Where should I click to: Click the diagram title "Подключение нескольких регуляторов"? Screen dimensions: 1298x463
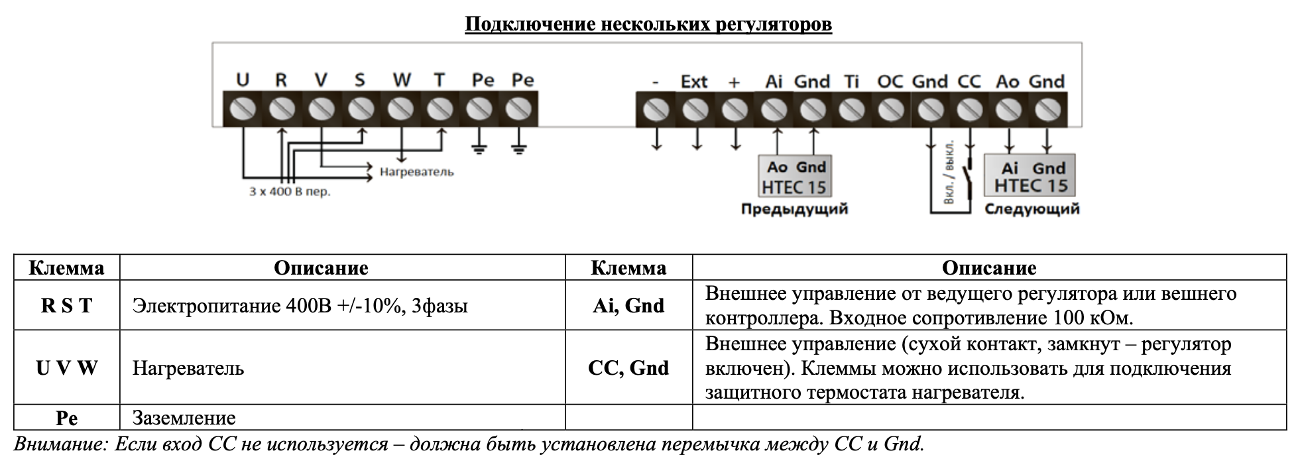click(x=648, y=25)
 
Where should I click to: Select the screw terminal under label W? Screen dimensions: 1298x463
click(x=400, y=109)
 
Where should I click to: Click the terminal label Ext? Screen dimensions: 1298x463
click(x=694, y=82)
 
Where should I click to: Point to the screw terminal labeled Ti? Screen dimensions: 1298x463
click(x=851, y=110)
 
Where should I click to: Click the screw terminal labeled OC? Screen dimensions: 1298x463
click(x=890, y=110)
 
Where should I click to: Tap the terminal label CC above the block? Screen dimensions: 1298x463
click(x=969, y=82)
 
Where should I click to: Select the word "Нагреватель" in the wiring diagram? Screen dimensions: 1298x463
click(x=416, y=172)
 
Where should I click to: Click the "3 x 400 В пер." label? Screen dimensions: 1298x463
click(x=290, y=192)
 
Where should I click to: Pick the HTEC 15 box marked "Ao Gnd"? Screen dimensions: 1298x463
click(x=794, y=176)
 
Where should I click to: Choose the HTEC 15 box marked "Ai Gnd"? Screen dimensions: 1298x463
click(x=1030, y=176)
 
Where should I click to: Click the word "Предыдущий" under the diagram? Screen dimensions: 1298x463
click(x=794, y=209)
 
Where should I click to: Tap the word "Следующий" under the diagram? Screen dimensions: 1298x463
click(x=1032, y=209)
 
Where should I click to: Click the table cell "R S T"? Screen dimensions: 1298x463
click(x=66, y=305)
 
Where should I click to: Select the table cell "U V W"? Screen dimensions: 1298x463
click(x=66, y=367)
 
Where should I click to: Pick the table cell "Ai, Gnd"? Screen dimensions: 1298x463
click(x=628, y=305)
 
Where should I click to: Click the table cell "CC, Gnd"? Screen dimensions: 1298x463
click(x=628, y=367)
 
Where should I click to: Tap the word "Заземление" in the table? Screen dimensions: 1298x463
click(x=184, y=418)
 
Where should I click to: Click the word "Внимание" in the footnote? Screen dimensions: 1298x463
click(x=59, y=444)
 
